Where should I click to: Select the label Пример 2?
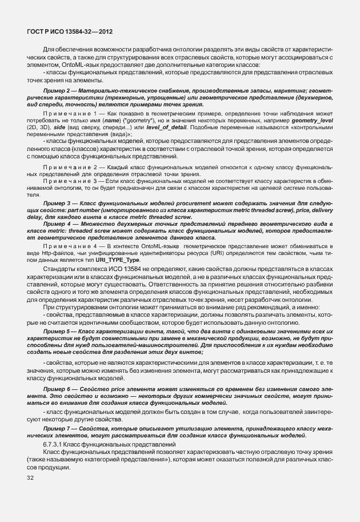click(56, 91)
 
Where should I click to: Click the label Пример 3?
click(56, 204)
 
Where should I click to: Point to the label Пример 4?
click(56, 224)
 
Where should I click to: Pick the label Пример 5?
click(56, 331)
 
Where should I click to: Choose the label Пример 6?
click(56, 389)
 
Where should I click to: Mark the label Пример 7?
click(56, 428)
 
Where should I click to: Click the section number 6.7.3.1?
click(56, 444)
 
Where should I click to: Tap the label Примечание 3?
click(66, 181)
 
